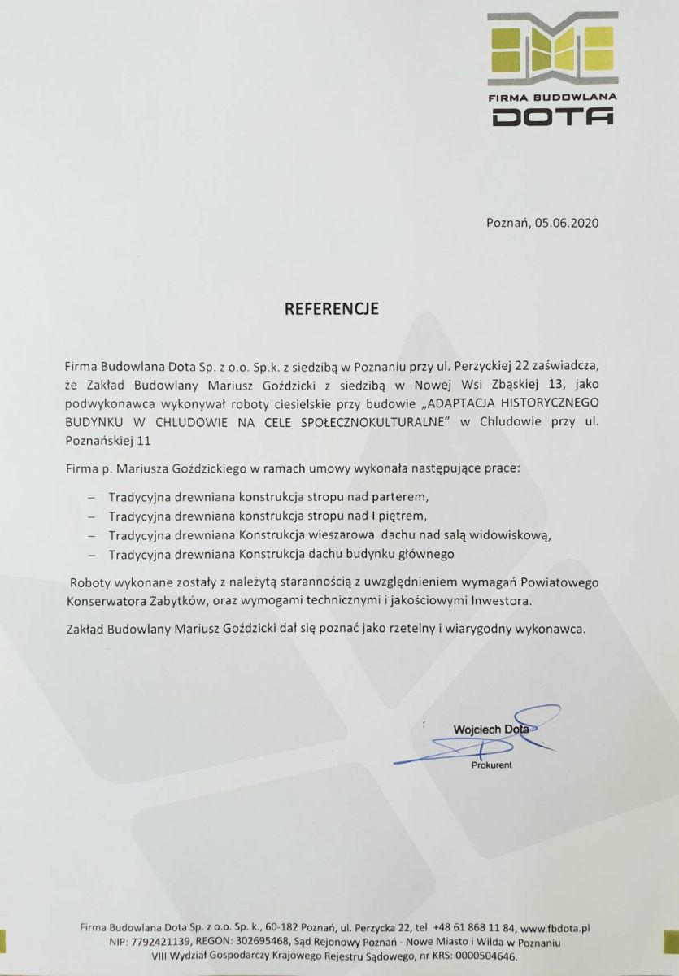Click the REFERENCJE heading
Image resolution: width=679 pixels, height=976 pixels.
click(x=331, y=309)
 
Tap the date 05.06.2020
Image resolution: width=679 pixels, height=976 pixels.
click(x=570, y=222)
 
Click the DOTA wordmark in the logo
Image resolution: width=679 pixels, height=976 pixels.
click(x=552, y=119)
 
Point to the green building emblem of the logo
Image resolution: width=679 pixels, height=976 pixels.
click(x=552, y=50)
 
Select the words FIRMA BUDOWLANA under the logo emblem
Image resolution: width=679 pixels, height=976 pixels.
click(x=552, y=96)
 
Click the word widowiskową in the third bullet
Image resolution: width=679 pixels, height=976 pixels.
click(x=516, y=534)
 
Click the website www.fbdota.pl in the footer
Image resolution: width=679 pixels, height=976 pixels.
click(x=555, y=927)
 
